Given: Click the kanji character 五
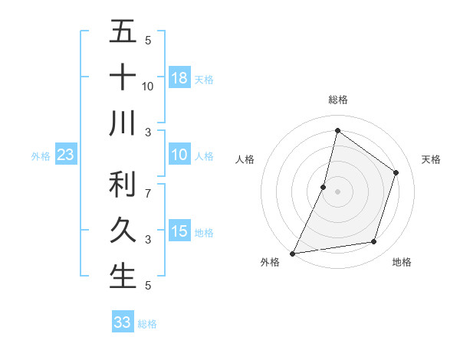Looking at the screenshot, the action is click(x=123, y=33).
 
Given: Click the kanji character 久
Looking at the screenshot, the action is click(x=123, y=231).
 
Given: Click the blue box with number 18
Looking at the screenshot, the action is click(x=179, y=78).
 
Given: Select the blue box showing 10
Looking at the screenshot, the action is click(x=179, y=155).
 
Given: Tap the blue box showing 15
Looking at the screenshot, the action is click(x=179, y=231).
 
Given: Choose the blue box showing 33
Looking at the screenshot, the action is click(x=122, y=322).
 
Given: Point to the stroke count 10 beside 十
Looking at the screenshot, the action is click(x=148, y=86).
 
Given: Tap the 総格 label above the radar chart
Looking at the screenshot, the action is click(x=337, y=100).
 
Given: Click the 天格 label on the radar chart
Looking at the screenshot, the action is click(x=431, y=159).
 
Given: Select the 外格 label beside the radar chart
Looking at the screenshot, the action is click(x=270, y=262).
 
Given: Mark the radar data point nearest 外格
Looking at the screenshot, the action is click(x=292, y=253).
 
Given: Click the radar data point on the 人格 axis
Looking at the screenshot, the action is click(x=324, y=187).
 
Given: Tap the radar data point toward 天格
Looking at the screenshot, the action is click(x=396, y=172).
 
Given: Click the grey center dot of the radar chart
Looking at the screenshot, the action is click(x=337, y=191).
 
